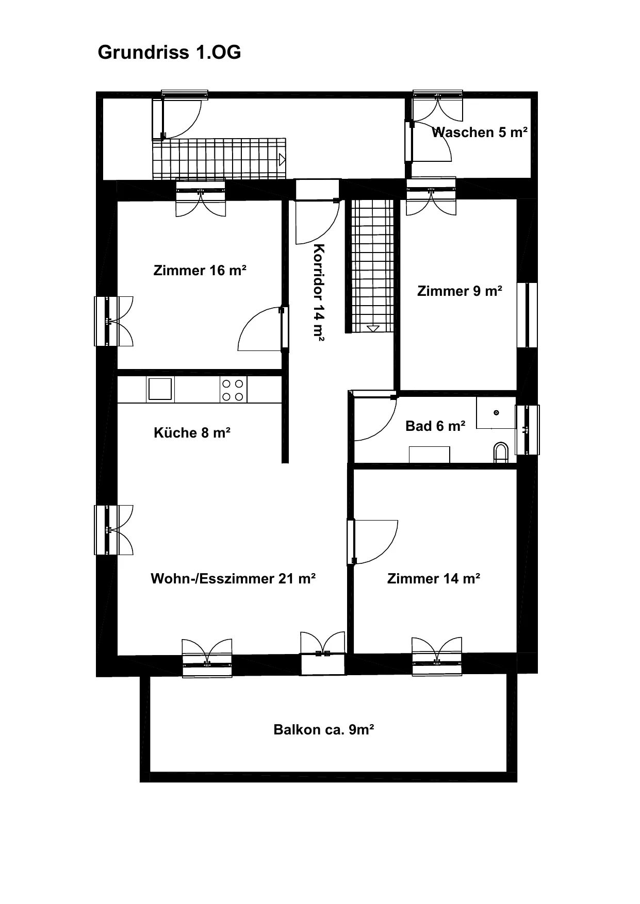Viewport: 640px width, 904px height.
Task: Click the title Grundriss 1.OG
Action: coord(169,53)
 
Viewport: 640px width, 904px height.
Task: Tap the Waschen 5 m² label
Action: coord(480,132)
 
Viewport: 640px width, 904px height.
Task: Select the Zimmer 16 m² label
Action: coord(200,271)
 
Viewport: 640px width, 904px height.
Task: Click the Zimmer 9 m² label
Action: coord(460,291)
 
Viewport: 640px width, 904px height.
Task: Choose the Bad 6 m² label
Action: coord(436,426)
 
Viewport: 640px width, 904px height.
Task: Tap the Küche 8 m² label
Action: coord(192,433)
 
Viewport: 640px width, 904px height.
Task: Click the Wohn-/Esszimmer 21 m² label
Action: coord(233,579)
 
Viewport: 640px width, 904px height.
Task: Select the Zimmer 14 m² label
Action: coord(434,579)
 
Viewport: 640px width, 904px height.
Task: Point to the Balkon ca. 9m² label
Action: coord(324,730)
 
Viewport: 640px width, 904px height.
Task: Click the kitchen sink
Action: coord(160,389)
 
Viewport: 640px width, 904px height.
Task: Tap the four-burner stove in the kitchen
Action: coord(233,390)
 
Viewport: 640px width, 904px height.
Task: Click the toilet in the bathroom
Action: coord(501,451)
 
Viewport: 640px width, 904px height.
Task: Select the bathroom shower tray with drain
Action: coord(496,413)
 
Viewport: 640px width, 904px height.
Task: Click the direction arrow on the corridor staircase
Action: coord(373,328)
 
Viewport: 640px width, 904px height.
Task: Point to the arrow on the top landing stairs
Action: coord(282,160)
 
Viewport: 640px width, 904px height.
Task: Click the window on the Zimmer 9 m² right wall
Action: coord(527,315)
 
